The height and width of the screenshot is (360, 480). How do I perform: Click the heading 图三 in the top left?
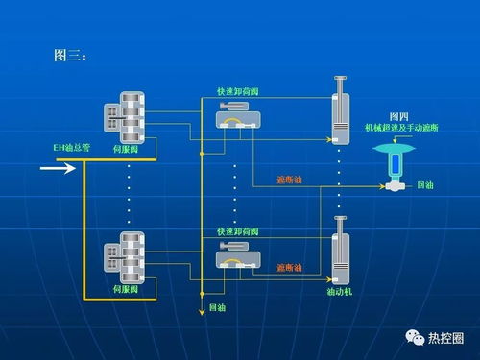(70, 56)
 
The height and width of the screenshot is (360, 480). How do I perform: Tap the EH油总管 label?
(71, 149)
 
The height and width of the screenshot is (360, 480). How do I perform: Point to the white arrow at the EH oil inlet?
(58, 170)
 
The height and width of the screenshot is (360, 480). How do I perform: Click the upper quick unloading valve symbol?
(235, 119)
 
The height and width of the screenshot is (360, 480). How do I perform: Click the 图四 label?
(397, 115)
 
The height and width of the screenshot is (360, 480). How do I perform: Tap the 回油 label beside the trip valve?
(426, 183)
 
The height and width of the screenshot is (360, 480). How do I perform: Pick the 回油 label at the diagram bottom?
(216, 309)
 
